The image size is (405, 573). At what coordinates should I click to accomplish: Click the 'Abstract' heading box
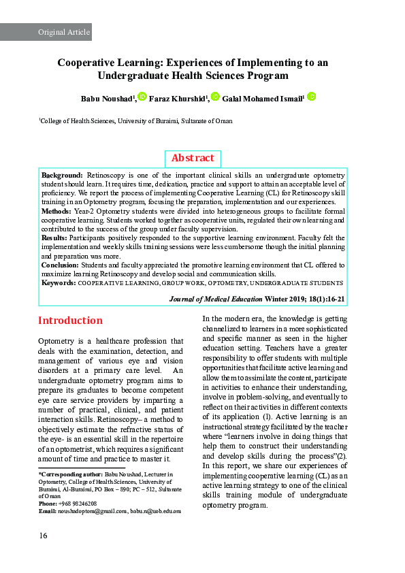[193, 158]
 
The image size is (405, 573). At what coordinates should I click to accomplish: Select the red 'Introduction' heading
[70, 321]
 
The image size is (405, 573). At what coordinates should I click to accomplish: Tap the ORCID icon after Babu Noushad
[142, 97]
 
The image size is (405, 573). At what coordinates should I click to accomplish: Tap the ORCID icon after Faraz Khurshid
[215, 97]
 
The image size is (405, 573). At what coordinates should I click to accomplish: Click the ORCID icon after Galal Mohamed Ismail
[311, 97]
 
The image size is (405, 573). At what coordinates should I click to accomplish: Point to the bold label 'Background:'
[62, 176]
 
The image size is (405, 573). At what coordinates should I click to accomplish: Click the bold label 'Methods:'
[56, 212]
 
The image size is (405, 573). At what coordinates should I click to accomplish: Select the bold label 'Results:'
[54, 239]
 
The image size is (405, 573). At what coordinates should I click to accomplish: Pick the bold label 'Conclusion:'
[60, 265]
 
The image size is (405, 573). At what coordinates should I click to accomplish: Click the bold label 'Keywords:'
[59, 282]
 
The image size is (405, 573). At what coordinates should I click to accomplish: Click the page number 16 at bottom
[43, 536]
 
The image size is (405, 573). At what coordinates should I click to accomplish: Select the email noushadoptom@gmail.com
[89, 510]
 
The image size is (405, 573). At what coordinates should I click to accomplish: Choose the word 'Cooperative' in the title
[89, 63]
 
